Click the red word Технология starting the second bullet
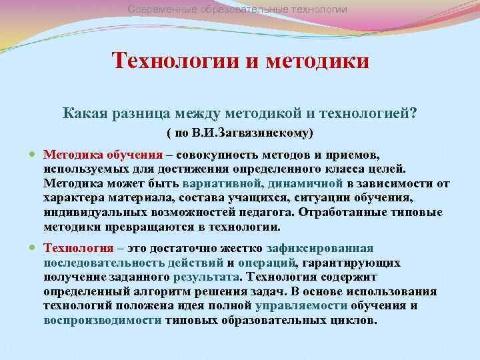coord(75,247)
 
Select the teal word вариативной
coord(221,183)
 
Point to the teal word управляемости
coord(301,305)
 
